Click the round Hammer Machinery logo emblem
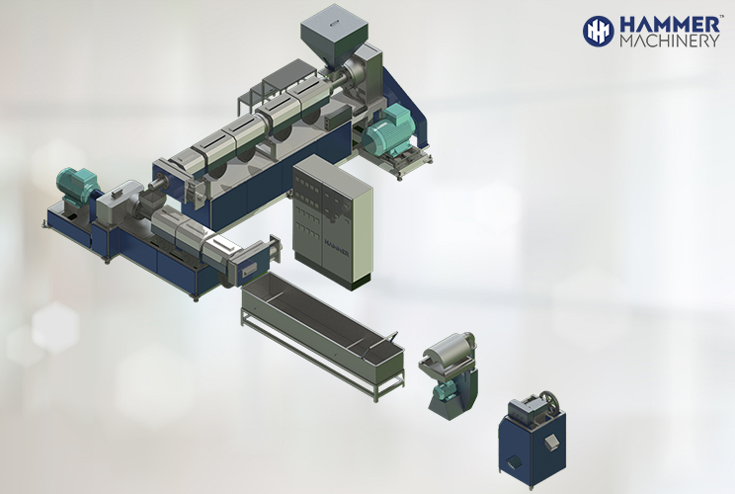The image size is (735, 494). coord(598,32)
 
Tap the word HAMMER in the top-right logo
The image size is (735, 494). coord(670,25)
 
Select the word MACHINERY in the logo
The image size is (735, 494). coord(670,41)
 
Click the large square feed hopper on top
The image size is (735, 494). coord(334,32)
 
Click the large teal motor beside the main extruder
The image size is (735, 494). coord(388,129)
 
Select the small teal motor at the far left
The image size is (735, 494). coord(76,183)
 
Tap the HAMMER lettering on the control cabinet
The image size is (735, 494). coord(337,247)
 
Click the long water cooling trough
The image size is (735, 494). coord(322,335)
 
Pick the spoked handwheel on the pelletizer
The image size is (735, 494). coord(549,403)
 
